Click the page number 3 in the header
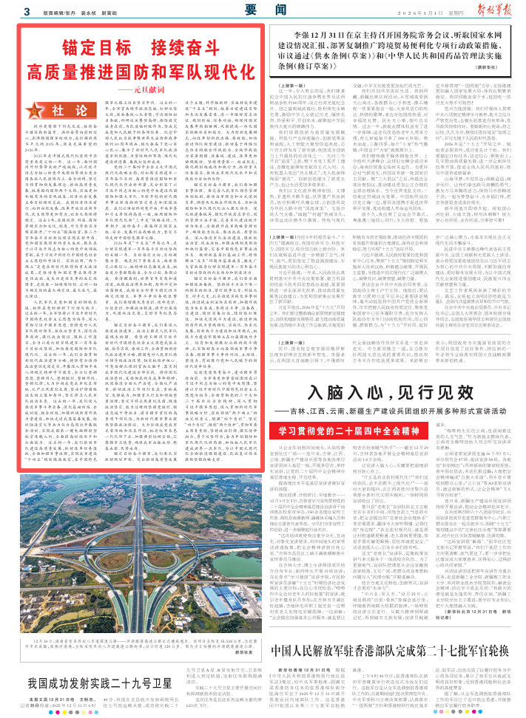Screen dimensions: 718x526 (x=26, y=12)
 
